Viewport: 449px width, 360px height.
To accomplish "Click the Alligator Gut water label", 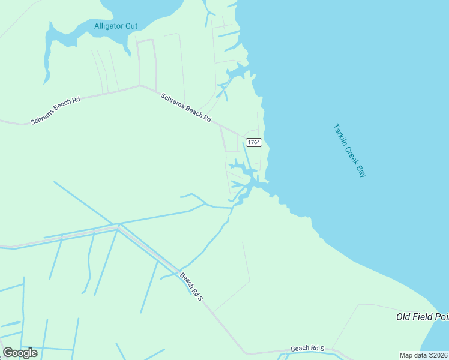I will point(116,26).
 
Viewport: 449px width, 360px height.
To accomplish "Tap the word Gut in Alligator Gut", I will point(130,26).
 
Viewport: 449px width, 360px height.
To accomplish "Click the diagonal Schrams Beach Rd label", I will point(186,107).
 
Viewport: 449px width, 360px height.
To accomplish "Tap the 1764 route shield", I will point(254,142).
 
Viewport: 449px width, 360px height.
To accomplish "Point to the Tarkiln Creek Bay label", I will point(349,150).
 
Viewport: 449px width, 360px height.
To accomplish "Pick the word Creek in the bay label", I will point(351,154).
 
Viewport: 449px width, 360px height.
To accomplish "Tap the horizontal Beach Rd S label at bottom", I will point(307,348).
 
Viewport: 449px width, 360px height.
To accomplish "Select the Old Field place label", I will point(422,316).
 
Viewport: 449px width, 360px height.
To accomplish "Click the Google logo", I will point(20,353).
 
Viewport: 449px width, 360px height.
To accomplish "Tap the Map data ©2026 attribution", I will point(423,355).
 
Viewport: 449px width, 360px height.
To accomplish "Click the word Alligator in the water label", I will point(108,26).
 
